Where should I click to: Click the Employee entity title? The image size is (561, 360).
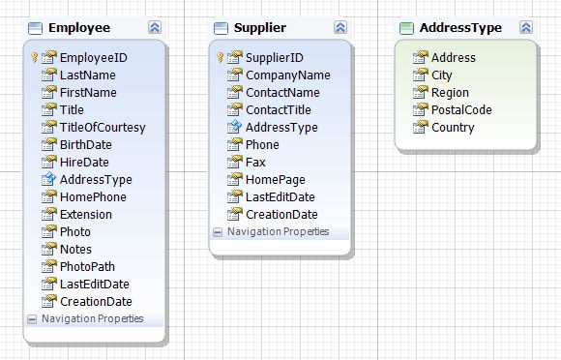coord(78,28)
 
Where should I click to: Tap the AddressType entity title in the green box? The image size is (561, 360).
coord(460,28)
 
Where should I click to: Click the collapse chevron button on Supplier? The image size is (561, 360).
coord(340,28)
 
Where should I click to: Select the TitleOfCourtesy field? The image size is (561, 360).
coord(102,127)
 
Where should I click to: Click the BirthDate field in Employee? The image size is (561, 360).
coord(85,144)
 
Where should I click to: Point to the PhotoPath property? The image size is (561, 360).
coord(89,266)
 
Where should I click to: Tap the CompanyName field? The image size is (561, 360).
coord(287,75)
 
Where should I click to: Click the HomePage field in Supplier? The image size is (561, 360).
coord(275,179)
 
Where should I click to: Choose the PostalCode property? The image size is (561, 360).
coord(461,109)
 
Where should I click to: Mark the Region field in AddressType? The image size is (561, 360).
coord(450,92)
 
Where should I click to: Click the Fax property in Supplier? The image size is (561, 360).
coord(255,162)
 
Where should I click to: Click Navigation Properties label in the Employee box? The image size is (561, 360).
coord(92,318)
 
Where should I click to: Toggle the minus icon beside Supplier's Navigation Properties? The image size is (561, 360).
coord(218,232)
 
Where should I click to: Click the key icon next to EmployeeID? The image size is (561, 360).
coord(33,58)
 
